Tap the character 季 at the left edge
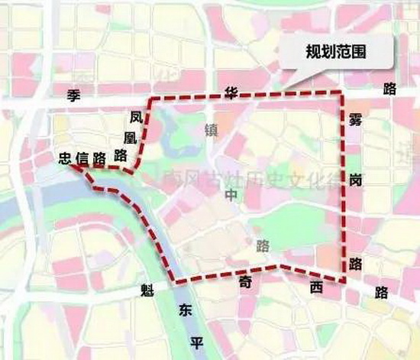point(74,95)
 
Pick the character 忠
point(65,158)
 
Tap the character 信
point(82,158)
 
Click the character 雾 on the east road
point(355,120)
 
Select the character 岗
point(356,178)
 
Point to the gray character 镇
point(212,129)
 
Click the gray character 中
point(231,196)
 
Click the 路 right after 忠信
point(99,158)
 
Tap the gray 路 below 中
point(263,246)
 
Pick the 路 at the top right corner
point(392,89)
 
